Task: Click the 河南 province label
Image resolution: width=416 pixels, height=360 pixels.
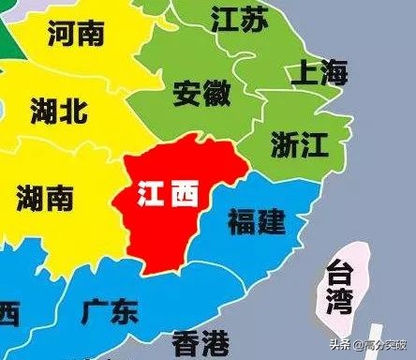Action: tap(75, 35)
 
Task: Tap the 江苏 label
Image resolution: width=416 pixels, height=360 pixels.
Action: tap(241, 17)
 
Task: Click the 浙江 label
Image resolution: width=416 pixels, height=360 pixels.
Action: tap(298, 142)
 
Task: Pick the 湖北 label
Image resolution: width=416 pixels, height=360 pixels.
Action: tap(58, 110)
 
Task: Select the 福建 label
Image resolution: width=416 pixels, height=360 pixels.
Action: tap(256, 222)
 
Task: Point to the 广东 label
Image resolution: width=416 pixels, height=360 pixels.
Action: tap(110, 310)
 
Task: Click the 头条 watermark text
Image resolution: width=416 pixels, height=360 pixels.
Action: tap(342, 345)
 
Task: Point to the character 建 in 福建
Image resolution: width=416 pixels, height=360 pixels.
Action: tap(271, 222)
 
